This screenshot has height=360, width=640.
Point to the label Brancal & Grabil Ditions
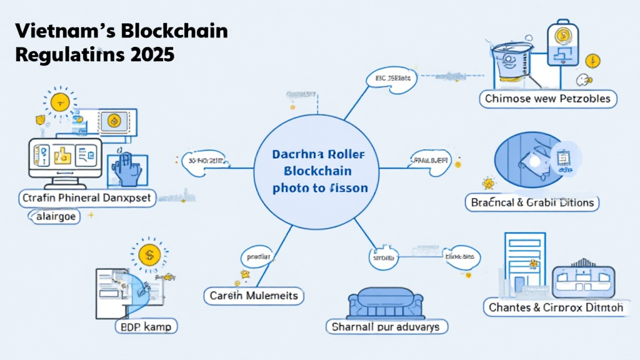pyautogui.click(x=531, y=203)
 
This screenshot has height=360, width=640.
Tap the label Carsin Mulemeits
pyautogui.click(x=254, y=296)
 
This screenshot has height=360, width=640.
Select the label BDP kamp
pyautogui.click(x=146, y=326)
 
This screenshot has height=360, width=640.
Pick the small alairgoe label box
pyautogui.click(x=52, y=216)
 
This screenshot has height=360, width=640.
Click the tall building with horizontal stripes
pyautogui.click(x=524, y=262)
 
